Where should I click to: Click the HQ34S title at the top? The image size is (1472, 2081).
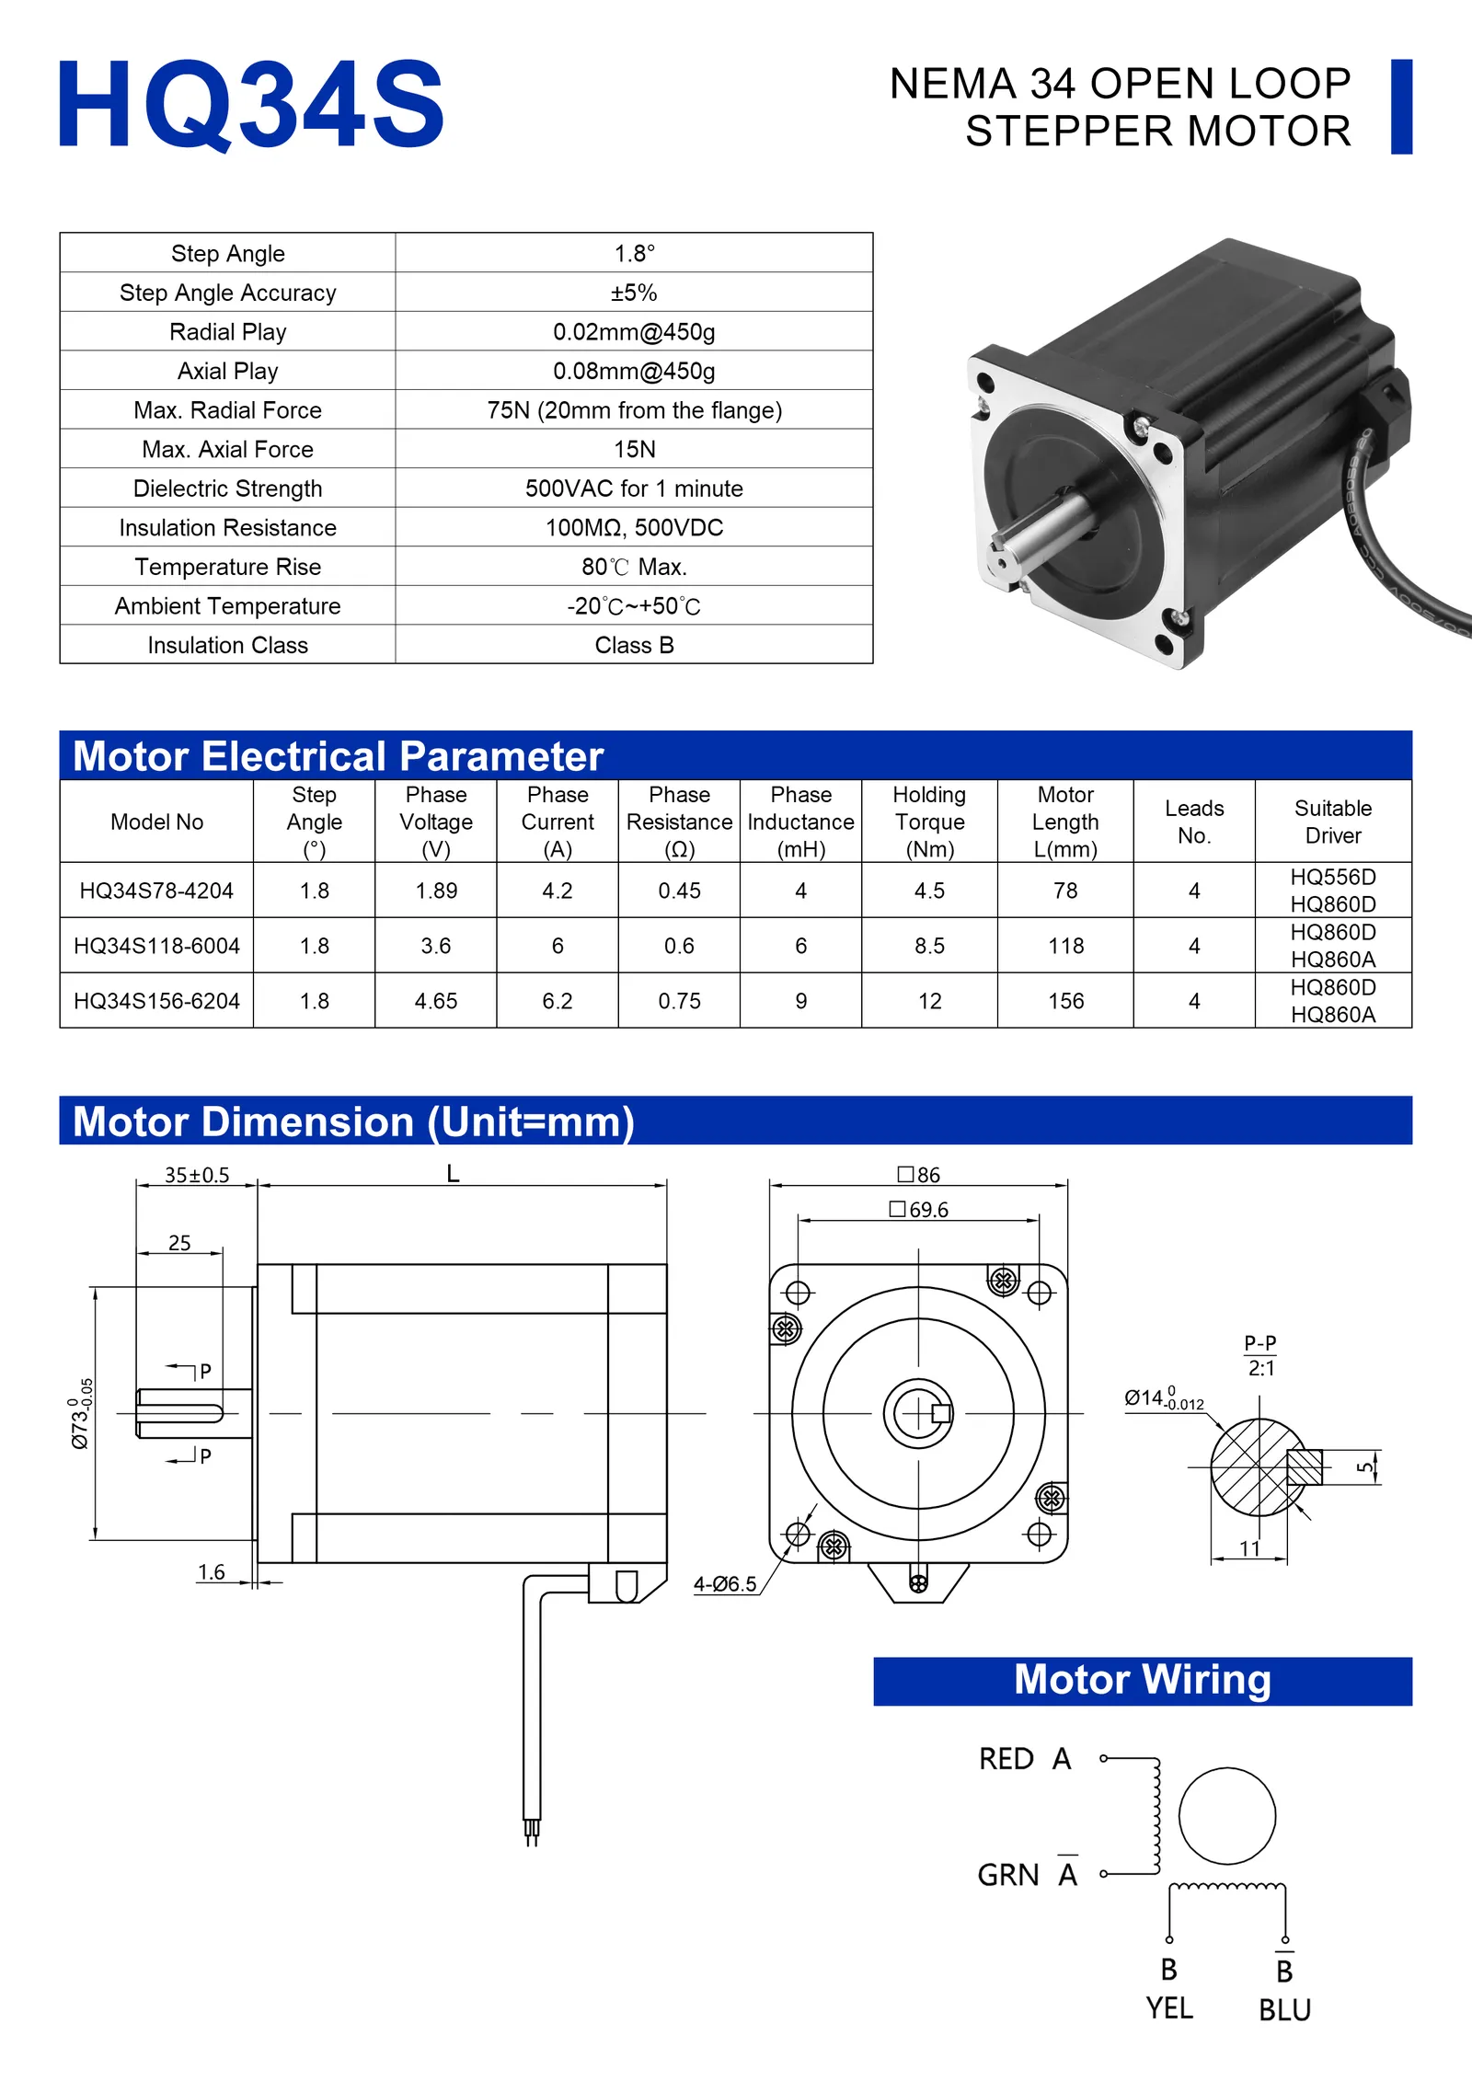pos(250,103)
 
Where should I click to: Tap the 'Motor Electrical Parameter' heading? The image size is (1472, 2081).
pos(338,756)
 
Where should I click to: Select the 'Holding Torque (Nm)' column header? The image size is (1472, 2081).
pos(929,822)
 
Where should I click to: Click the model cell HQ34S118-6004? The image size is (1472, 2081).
pos(156,946)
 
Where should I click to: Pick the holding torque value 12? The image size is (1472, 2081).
pos(929,1001)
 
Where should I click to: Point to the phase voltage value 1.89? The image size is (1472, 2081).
pos(436,891)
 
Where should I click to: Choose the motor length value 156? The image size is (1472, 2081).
pos(1065,1001)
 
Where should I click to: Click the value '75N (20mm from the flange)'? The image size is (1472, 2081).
pos(634,410)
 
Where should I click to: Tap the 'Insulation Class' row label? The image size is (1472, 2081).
pos(227,645)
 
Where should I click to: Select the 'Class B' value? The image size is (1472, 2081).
pos(634,645)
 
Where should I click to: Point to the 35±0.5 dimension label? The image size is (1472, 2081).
pos(197,1175)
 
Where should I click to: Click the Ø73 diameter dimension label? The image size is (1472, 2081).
pos(82,1413)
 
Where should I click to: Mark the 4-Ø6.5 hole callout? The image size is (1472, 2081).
pos(725,1583)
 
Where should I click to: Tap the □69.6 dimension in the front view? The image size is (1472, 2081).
pos(918,1210)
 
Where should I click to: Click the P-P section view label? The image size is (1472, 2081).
pos(1260,1343)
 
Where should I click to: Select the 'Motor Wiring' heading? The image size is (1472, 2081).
pos(1143,1680)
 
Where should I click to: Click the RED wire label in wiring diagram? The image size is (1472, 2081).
pos(1006,1759)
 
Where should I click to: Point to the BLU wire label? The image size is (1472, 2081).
pos(1284,2009)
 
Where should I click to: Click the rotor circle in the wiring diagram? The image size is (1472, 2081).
pos(1226,1815)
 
